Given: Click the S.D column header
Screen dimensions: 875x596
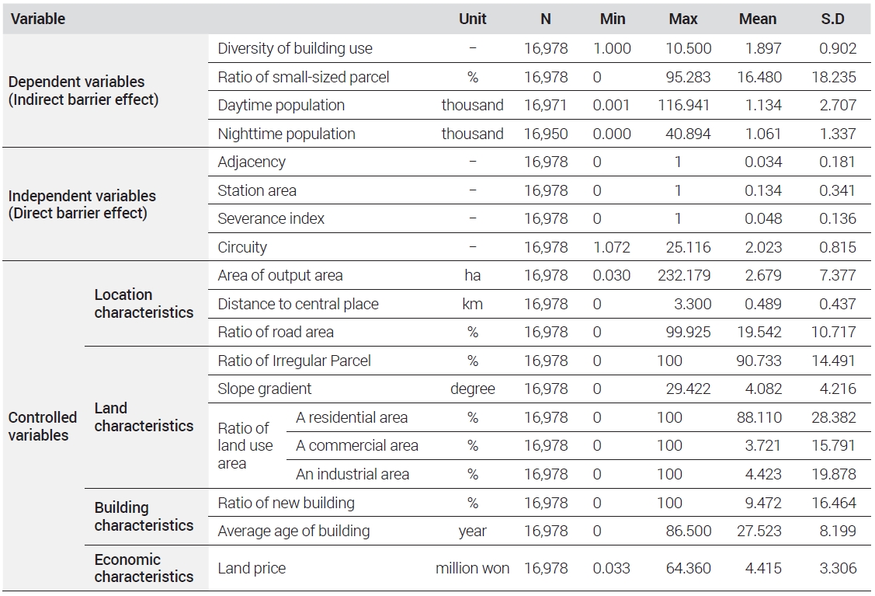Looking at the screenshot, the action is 832,19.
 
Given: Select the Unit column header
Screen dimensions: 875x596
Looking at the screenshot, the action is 472,19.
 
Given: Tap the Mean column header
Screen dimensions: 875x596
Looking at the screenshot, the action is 757,19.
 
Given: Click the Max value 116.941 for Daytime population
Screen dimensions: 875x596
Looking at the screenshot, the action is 683,105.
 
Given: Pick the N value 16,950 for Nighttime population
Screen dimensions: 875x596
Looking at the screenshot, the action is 546,134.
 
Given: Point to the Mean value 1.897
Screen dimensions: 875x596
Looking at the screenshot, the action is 763,49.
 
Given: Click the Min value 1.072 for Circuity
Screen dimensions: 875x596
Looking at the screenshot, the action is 612,247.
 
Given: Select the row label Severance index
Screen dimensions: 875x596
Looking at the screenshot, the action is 271,218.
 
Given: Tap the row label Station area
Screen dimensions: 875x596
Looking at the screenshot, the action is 257,190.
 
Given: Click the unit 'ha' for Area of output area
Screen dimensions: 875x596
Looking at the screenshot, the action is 472,275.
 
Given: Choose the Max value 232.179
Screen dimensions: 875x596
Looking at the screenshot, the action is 683,275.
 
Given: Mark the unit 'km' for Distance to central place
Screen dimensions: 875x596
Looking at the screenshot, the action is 472,304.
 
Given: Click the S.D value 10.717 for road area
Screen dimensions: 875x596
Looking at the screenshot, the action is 833,332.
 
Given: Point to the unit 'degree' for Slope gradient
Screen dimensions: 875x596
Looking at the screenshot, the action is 472,389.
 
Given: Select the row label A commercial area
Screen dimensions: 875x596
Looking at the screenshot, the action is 356,445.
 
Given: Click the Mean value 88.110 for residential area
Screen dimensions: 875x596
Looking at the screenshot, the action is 759,417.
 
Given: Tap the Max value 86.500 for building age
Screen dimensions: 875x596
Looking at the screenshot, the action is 689,531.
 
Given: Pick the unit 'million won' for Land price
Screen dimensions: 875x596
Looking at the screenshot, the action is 472,568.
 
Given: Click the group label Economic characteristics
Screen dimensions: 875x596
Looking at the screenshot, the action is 144,567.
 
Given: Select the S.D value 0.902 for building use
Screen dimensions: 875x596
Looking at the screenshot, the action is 838,49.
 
